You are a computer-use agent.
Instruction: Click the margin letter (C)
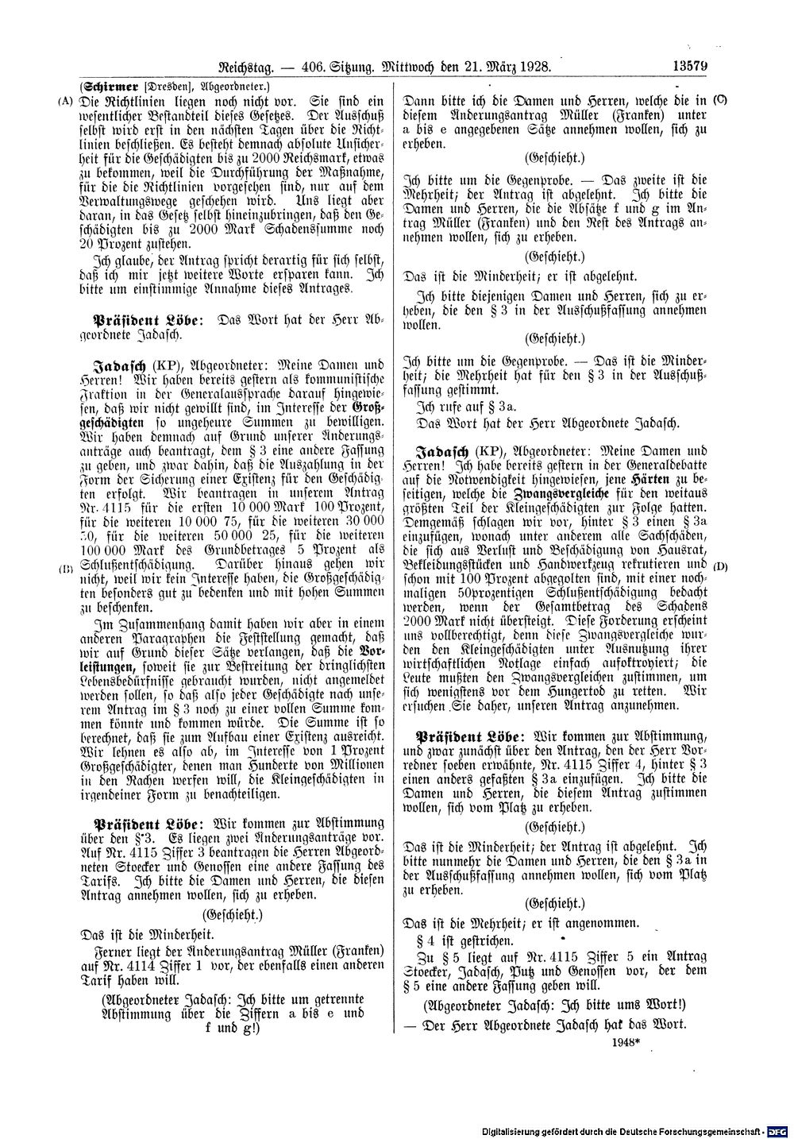[x=721, y=100]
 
